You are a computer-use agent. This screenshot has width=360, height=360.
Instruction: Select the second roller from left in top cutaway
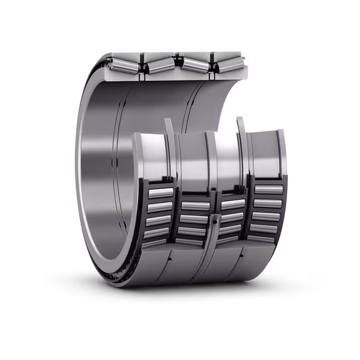[160, 62]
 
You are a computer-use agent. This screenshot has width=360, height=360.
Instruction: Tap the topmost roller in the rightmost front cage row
[268, 190]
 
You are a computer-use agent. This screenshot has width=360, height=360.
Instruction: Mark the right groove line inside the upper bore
[191, 102]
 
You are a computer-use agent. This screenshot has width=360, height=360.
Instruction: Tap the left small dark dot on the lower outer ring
[171, 257]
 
